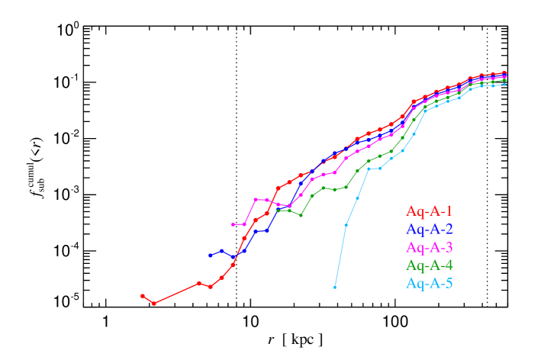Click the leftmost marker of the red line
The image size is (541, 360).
143,296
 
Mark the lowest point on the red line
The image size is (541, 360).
154,304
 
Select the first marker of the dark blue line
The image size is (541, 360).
211,256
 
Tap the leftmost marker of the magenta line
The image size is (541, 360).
233,224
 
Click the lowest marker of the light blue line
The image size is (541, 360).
335,288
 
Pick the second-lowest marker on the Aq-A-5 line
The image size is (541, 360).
346,225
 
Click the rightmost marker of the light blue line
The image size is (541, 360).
504,84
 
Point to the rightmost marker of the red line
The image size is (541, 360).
504,73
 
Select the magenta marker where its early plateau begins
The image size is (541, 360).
256,200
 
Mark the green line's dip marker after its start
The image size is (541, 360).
301,215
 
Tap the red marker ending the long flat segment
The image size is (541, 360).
199,283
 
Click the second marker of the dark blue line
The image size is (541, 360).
222,250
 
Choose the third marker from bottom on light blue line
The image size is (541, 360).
357,198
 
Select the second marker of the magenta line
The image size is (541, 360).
244,224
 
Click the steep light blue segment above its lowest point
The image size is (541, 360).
340,256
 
